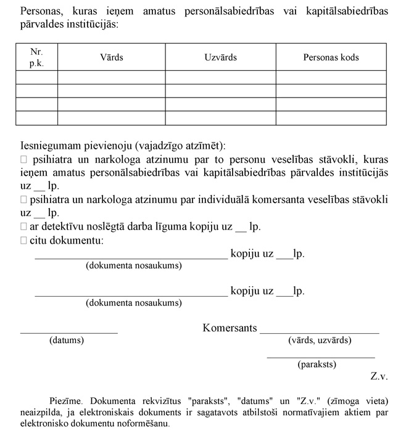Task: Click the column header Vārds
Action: [112, 57]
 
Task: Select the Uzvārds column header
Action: [220, 57]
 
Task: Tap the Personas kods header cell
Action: [331, 57]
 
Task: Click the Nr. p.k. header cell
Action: [36, 57]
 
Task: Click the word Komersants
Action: [230, 328]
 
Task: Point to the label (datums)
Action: [67, 340]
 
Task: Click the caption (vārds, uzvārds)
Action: [320, 340]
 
